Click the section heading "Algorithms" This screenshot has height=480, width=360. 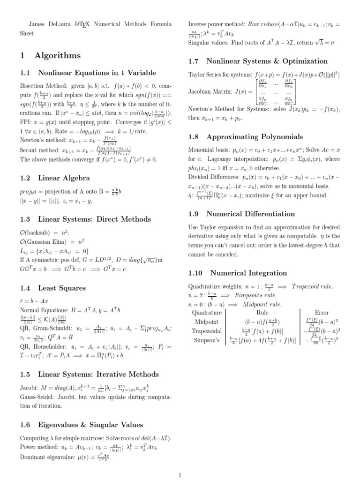57,55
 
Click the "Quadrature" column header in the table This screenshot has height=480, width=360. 207,312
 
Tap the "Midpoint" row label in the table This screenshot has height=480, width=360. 207,322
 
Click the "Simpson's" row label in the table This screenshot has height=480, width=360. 207,340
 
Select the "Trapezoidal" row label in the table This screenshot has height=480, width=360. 207,331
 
